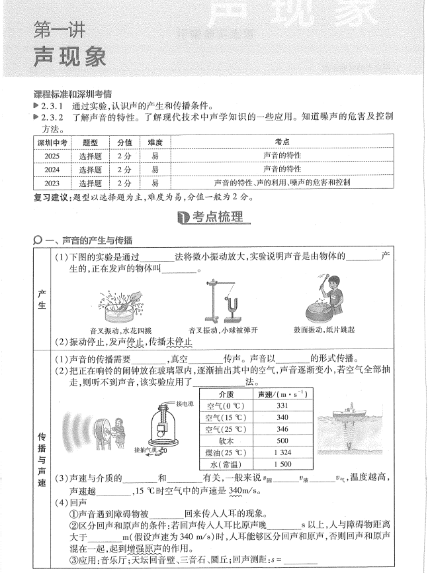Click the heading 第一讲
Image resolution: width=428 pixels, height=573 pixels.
coord(59,30)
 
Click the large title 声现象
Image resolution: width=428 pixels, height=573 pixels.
coord(69,57)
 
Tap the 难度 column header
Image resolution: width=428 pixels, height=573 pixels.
coord(155,142)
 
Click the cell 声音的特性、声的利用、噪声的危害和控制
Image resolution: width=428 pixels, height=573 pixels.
coord(282,182)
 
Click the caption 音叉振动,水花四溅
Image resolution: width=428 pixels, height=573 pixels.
coord(120,329)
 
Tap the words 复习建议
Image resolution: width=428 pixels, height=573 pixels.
coord(50,197)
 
